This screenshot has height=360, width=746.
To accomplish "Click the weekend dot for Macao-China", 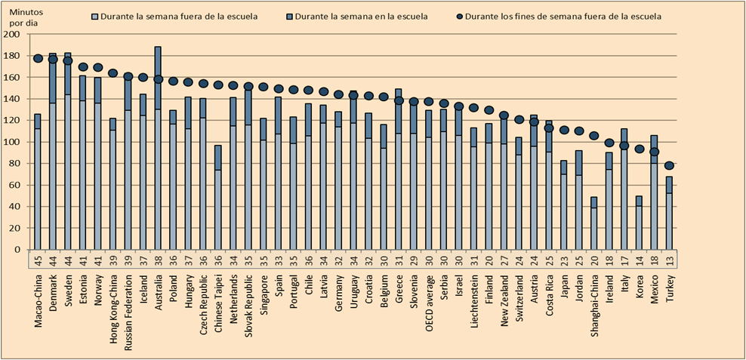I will point(37,59).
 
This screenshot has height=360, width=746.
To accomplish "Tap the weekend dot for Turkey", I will point(669,166).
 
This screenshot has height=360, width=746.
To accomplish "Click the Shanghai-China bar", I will point(594,223).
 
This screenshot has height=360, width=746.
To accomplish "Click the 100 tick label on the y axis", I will point(12,142).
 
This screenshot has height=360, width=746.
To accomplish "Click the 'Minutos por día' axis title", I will point(24,18).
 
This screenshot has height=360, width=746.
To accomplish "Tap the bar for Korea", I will point(639,223).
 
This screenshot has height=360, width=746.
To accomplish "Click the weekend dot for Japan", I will point(564,130).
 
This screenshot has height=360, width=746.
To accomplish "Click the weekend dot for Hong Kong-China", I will point(113,73).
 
